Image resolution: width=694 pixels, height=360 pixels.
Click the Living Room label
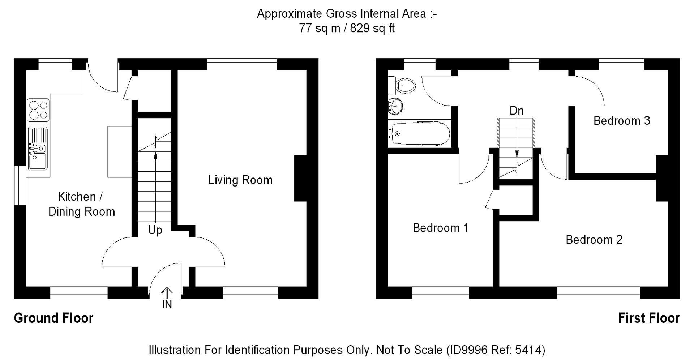240,180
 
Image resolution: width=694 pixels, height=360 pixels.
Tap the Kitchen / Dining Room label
82,204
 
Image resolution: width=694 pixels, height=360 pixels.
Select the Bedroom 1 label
440,228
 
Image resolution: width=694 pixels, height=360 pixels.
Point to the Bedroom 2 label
594,240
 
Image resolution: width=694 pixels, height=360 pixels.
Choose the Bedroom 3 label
622,120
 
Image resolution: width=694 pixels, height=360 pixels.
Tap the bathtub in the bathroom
420,133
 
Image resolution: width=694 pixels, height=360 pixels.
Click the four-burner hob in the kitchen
38,110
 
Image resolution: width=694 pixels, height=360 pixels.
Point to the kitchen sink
38,148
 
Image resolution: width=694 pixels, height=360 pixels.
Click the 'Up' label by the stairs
155,230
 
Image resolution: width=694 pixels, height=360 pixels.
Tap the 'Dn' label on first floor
517,111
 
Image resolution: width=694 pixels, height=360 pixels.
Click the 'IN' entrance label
167,305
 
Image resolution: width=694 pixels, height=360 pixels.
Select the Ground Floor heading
53,318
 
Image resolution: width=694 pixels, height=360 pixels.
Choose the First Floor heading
649,318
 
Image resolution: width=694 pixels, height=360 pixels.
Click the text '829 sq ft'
372,28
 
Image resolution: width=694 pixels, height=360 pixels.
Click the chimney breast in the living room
300,178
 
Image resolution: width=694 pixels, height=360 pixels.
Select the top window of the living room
242,64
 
